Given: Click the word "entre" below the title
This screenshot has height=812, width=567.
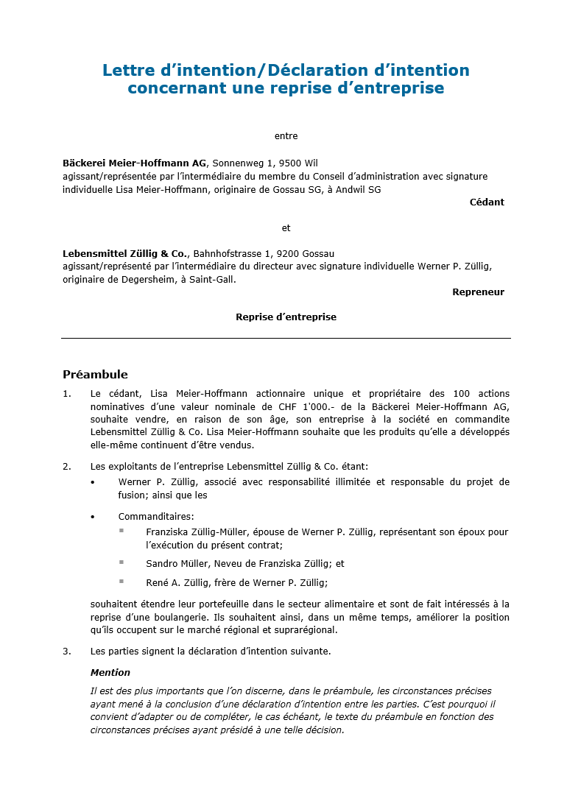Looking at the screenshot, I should tap(286, 136).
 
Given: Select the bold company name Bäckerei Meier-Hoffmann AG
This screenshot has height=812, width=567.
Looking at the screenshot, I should tap(134, 163).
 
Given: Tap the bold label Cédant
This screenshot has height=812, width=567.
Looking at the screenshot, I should tap(487, 202).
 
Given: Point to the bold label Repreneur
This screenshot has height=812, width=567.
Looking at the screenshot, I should tap(478, 292).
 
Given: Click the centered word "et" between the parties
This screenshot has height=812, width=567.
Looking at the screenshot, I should tap(286, 228).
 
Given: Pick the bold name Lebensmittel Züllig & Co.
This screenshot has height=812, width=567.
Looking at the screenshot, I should tap(126, 254).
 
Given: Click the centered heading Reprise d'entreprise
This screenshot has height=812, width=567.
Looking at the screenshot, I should tap(286, 317).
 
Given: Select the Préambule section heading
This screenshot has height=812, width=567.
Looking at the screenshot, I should tap(95, 375).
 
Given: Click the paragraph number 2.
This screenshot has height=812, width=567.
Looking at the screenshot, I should tap(66, 466).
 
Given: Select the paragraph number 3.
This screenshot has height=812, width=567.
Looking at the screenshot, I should tap(66, 652).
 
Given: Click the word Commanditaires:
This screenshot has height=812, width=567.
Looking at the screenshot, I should tap(156, 517).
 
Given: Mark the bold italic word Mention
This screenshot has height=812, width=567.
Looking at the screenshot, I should tap(110, 673).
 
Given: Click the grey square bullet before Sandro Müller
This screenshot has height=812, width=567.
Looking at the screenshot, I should tap(121, 562).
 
